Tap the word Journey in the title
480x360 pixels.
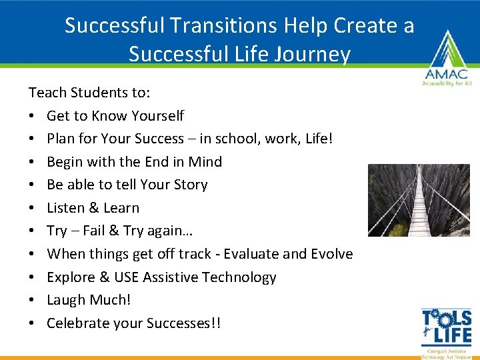(311, 54)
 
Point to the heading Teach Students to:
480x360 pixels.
(89, 92)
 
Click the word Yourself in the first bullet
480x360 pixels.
(157, 116)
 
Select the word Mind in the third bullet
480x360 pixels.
(205, 162)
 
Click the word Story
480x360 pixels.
(190, 185)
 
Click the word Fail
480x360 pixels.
(96, 231)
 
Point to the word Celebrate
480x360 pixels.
(77, 323)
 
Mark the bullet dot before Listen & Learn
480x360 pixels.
(31, 208)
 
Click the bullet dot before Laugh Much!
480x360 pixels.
(31, 300)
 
